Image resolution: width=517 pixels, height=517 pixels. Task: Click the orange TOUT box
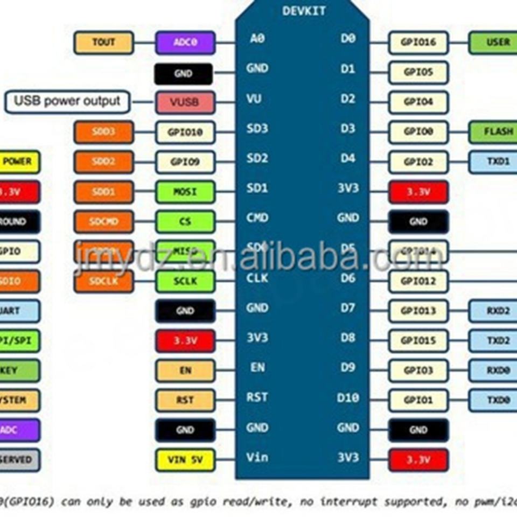click(x=103, y=43)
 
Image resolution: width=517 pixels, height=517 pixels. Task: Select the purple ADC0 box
click(x=185, y=43)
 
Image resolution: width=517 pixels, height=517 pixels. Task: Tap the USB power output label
click(x=67, y=101)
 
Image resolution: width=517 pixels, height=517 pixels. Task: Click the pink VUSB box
click(x=185, y=102)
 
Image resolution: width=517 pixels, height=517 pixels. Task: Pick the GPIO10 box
click(x=185, y=132)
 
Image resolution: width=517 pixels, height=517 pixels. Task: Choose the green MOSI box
click(x=185, y=192)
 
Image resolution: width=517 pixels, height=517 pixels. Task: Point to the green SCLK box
click(x=185, y=281)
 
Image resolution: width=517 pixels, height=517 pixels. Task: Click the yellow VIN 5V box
click(x=185, y=460)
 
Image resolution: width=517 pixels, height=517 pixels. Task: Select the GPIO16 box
click(x=418, y=43)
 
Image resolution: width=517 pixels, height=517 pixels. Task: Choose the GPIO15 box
click(x=418, y=340)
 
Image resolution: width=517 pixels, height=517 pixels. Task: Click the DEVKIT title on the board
click(x=303, y=11)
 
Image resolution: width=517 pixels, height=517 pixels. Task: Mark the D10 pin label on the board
click(x=347, y=398)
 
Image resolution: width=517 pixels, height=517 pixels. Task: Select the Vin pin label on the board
click(x=257, y=458)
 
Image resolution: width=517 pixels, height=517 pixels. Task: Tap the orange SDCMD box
click(x=103, y=221)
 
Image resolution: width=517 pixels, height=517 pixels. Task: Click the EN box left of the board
click(x=185, y=371)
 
